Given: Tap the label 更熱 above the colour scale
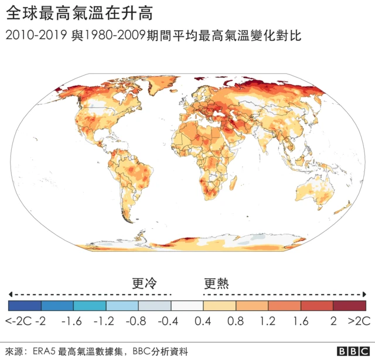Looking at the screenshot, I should coord(216,284).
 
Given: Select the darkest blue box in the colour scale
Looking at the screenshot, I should coord(25,306).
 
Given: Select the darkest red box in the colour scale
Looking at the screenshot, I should coord(350,306).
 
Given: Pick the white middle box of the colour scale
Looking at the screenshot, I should coord(187,306).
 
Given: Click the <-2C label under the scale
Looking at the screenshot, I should coord(18,321).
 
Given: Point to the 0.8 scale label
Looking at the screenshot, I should coord(236,321).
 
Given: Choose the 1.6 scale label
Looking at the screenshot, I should coord(301,321).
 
